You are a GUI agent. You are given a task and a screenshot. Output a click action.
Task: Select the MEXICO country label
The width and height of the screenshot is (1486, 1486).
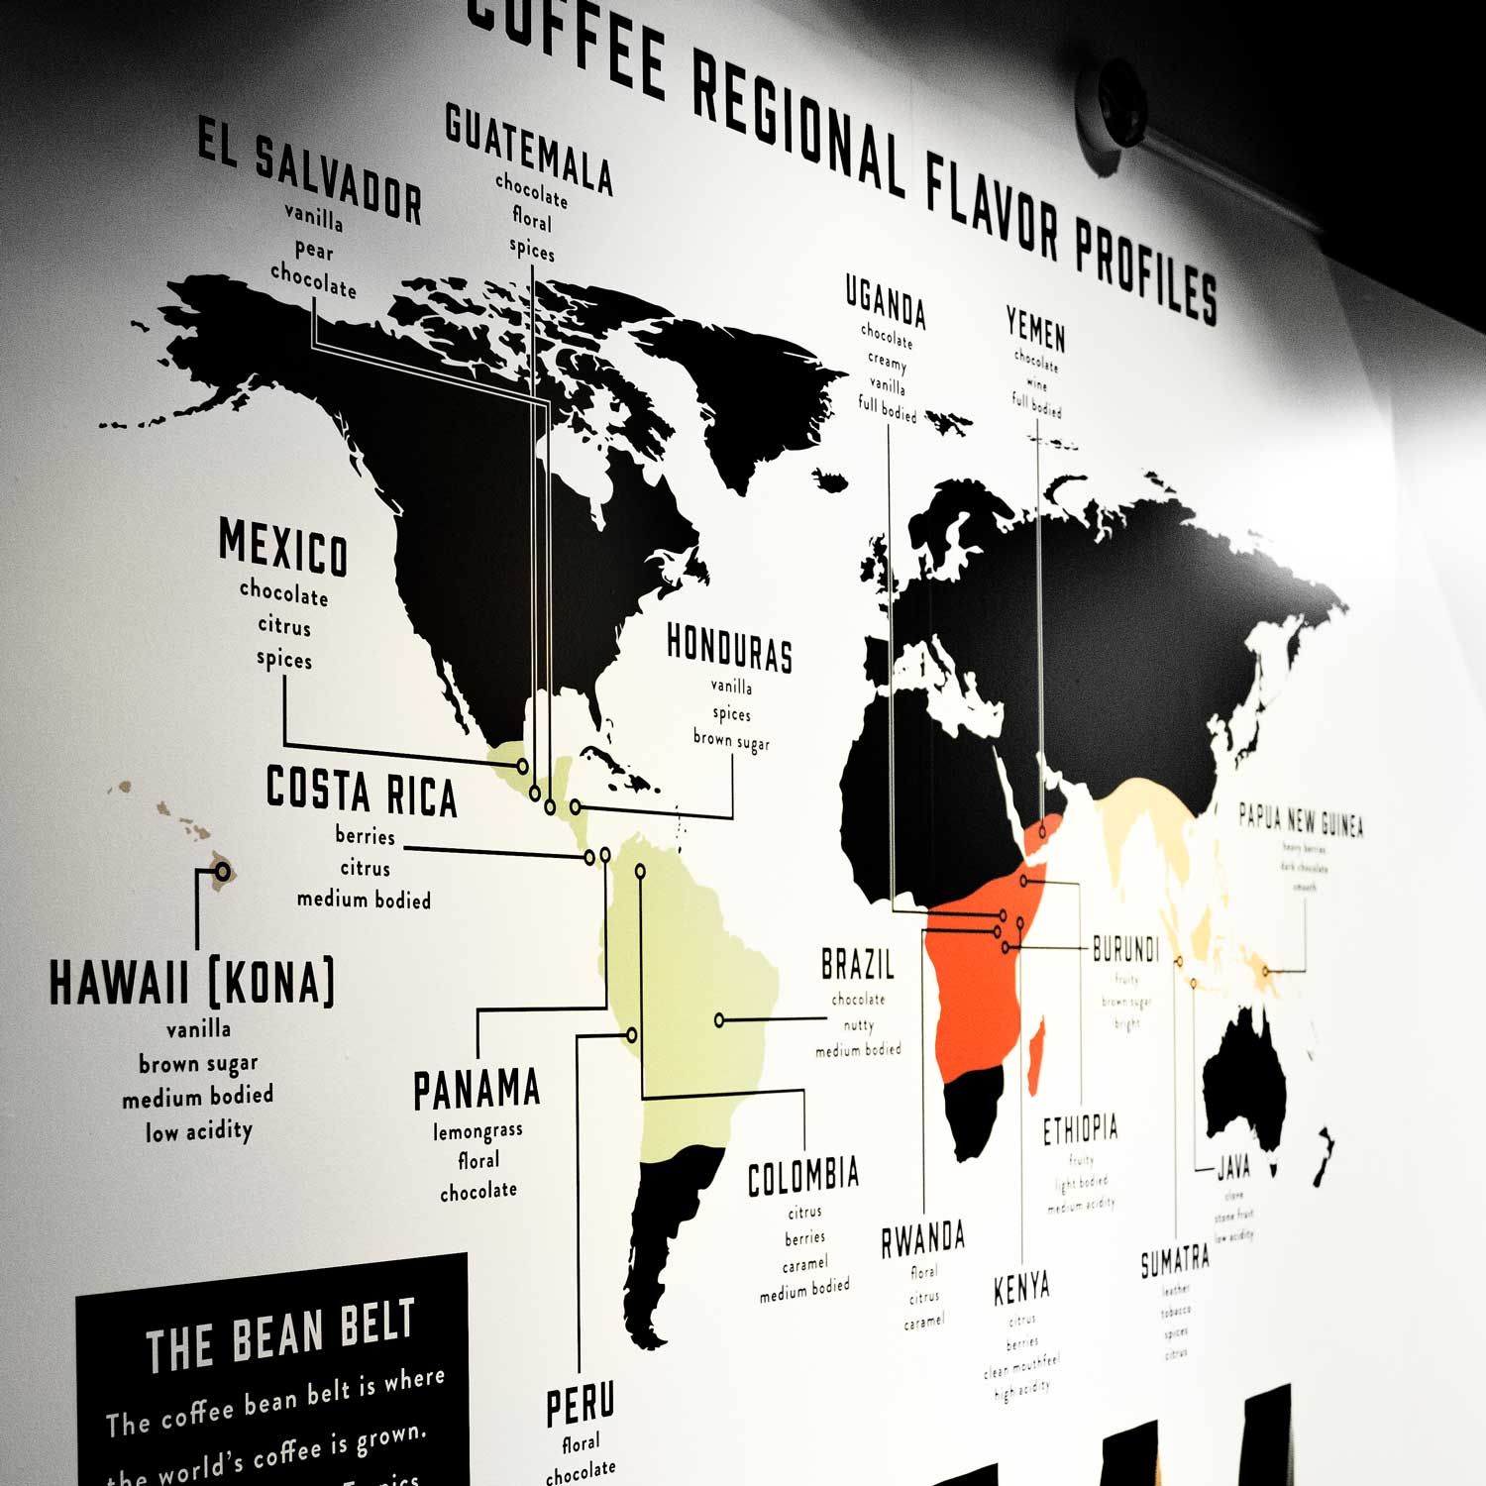(x=283, y=547)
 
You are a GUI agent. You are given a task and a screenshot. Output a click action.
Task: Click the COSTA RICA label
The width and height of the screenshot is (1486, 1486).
(x=362, y=792)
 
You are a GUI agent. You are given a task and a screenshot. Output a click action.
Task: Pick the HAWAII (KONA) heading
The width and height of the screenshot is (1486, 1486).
(x=192, y=982)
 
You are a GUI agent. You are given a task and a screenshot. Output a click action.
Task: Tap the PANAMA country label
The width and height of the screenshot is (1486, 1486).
(x=477, y=1090)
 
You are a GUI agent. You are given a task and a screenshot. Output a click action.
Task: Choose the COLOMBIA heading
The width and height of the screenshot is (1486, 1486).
(x=803, y=1176)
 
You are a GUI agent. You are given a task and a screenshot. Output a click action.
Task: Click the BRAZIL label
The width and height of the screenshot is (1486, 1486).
(x=858, y=964)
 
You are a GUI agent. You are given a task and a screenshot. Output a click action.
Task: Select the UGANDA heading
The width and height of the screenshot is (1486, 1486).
(x=886, y=300)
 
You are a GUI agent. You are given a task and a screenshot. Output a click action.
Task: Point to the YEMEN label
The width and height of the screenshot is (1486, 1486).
(x=1035, y=329)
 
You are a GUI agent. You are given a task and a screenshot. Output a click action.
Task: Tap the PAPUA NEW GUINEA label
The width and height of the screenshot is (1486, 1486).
(x=1301, y=820)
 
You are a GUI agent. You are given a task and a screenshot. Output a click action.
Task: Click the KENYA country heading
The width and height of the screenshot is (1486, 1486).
(x=1021, y=1288)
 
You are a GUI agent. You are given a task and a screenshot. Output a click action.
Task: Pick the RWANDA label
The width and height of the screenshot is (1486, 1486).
(x=923, y=1238)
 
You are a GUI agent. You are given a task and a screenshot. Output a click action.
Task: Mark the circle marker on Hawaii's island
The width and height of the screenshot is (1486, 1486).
(x=223, y=871)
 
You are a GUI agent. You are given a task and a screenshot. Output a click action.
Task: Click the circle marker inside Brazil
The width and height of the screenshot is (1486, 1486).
(x=720, y=1019)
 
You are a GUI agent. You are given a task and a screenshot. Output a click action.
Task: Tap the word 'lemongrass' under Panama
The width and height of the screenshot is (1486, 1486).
(x=478, y=1130)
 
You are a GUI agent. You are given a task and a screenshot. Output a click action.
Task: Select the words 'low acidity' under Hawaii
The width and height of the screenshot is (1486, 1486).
(x=199, y=1130)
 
